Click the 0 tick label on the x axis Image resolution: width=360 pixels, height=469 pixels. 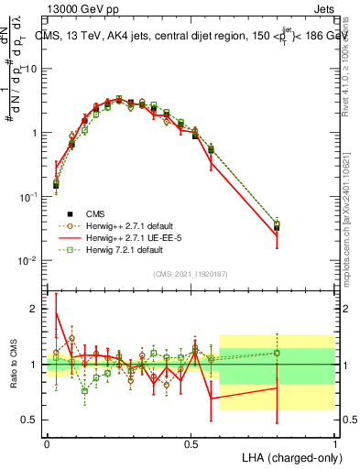coord(47,443)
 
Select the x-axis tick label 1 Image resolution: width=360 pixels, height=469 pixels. coord(334,443)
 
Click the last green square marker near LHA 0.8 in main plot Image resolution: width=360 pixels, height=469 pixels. coord(277,223)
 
